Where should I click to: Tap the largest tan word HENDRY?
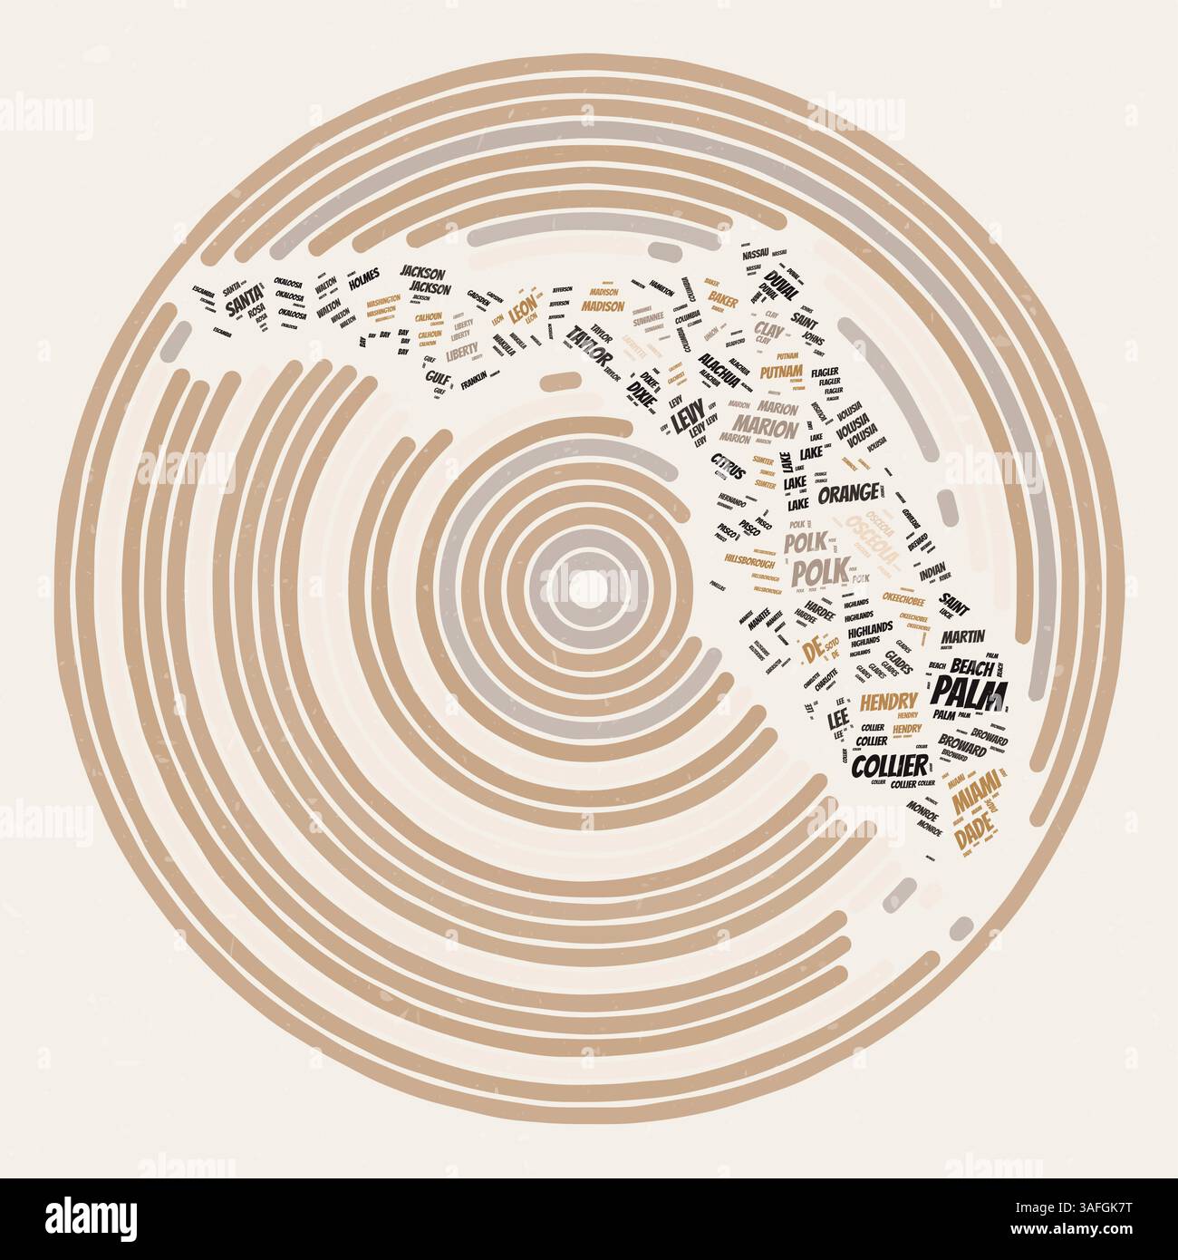(x=889, y=702)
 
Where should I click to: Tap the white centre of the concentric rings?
(x=589, y=586)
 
